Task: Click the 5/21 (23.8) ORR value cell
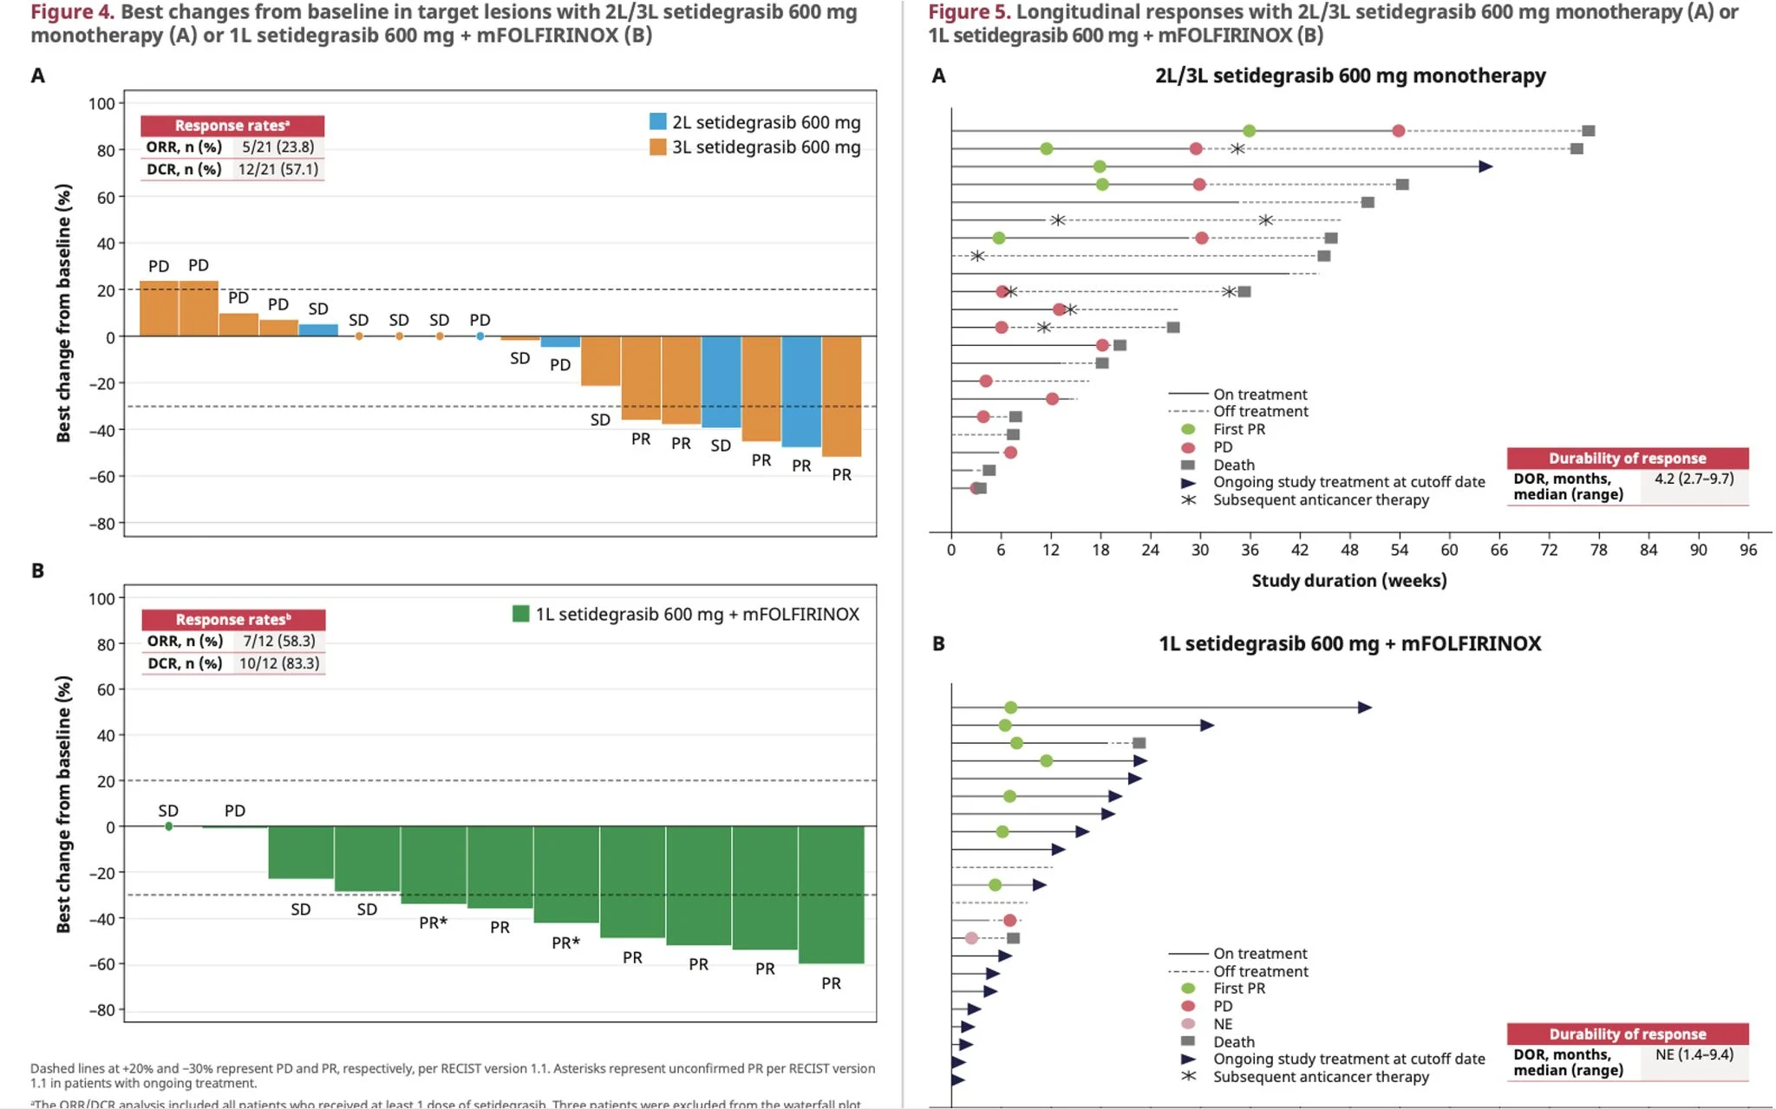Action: pos(277,147)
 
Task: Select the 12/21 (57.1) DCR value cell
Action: pos(277,169)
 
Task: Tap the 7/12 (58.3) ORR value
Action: pos(278,642)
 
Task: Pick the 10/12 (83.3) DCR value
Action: pos(278,663)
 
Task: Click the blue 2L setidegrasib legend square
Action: pos(658,122)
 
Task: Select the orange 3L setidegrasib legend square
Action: pos(658,147)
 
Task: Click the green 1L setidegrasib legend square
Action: pos(520,614)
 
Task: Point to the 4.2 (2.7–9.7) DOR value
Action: pos(1694,479)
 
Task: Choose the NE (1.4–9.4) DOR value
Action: pos(1694,1054)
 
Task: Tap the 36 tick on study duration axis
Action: pos(1250,550)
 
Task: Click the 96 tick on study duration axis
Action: pos(1748,550)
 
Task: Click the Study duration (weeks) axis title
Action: pos(1348,581)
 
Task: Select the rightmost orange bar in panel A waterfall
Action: pos(841,395)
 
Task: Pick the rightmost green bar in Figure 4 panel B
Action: pos(831,894)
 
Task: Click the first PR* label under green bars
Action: pos(433,923)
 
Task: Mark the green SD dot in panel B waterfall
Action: pos(168,826)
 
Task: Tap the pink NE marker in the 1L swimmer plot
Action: pos(971,938)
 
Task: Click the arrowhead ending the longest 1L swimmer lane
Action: pos(1365,708)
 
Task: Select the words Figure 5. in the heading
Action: pos(969,12)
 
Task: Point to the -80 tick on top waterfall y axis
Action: pos(103,524)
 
